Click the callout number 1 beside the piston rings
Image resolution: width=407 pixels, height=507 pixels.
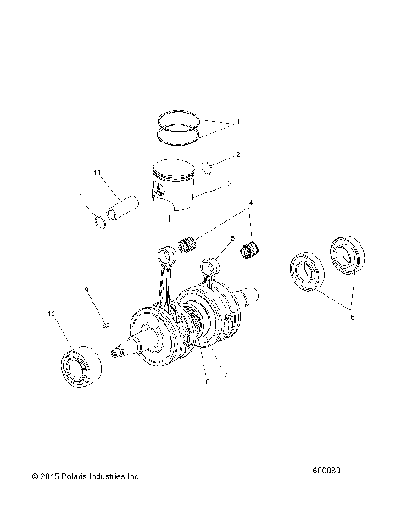tap(238, 123)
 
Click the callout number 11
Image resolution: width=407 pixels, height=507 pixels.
tap(97, 175)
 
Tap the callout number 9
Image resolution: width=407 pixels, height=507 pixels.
tap(86, 291)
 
